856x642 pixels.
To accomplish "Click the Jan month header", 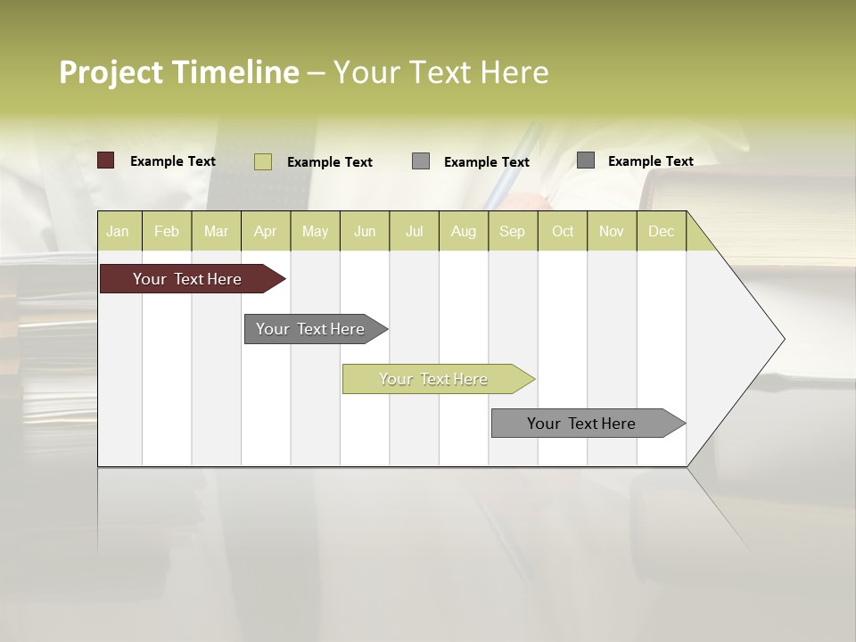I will (x=118, y=231).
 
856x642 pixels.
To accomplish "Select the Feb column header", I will (x=167, y=231).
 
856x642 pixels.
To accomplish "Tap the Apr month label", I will (x=265, y=231).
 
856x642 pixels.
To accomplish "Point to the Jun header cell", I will (x=365, y=231).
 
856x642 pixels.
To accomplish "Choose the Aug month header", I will (x=463, y=231).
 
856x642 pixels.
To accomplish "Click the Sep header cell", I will (x=512, y=231).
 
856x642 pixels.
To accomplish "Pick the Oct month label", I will (x=563, y=231).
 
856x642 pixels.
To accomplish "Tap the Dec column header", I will (x=661, y=231).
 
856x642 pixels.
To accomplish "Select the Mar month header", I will (x=216, y=231).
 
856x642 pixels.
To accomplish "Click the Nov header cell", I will (x=611, y=231).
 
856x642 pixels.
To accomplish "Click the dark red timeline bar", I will (x=188, y=279).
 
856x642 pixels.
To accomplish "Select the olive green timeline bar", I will (x=434, y=379).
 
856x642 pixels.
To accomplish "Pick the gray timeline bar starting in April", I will (x=311, y=329).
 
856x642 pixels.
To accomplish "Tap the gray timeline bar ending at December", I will (x=582, y=424).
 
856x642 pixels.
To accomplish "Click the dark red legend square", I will (x=106, y=160).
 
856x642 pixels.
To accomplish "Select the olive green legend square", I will (x=263, y=161).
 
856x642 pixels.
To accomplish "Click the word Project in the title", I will (x=111, y=72).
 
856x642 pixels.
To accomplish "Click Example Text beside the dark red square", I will (x=173, y=161).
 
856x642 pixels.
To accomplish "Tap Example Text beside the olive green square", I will (x=330, y=162).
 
